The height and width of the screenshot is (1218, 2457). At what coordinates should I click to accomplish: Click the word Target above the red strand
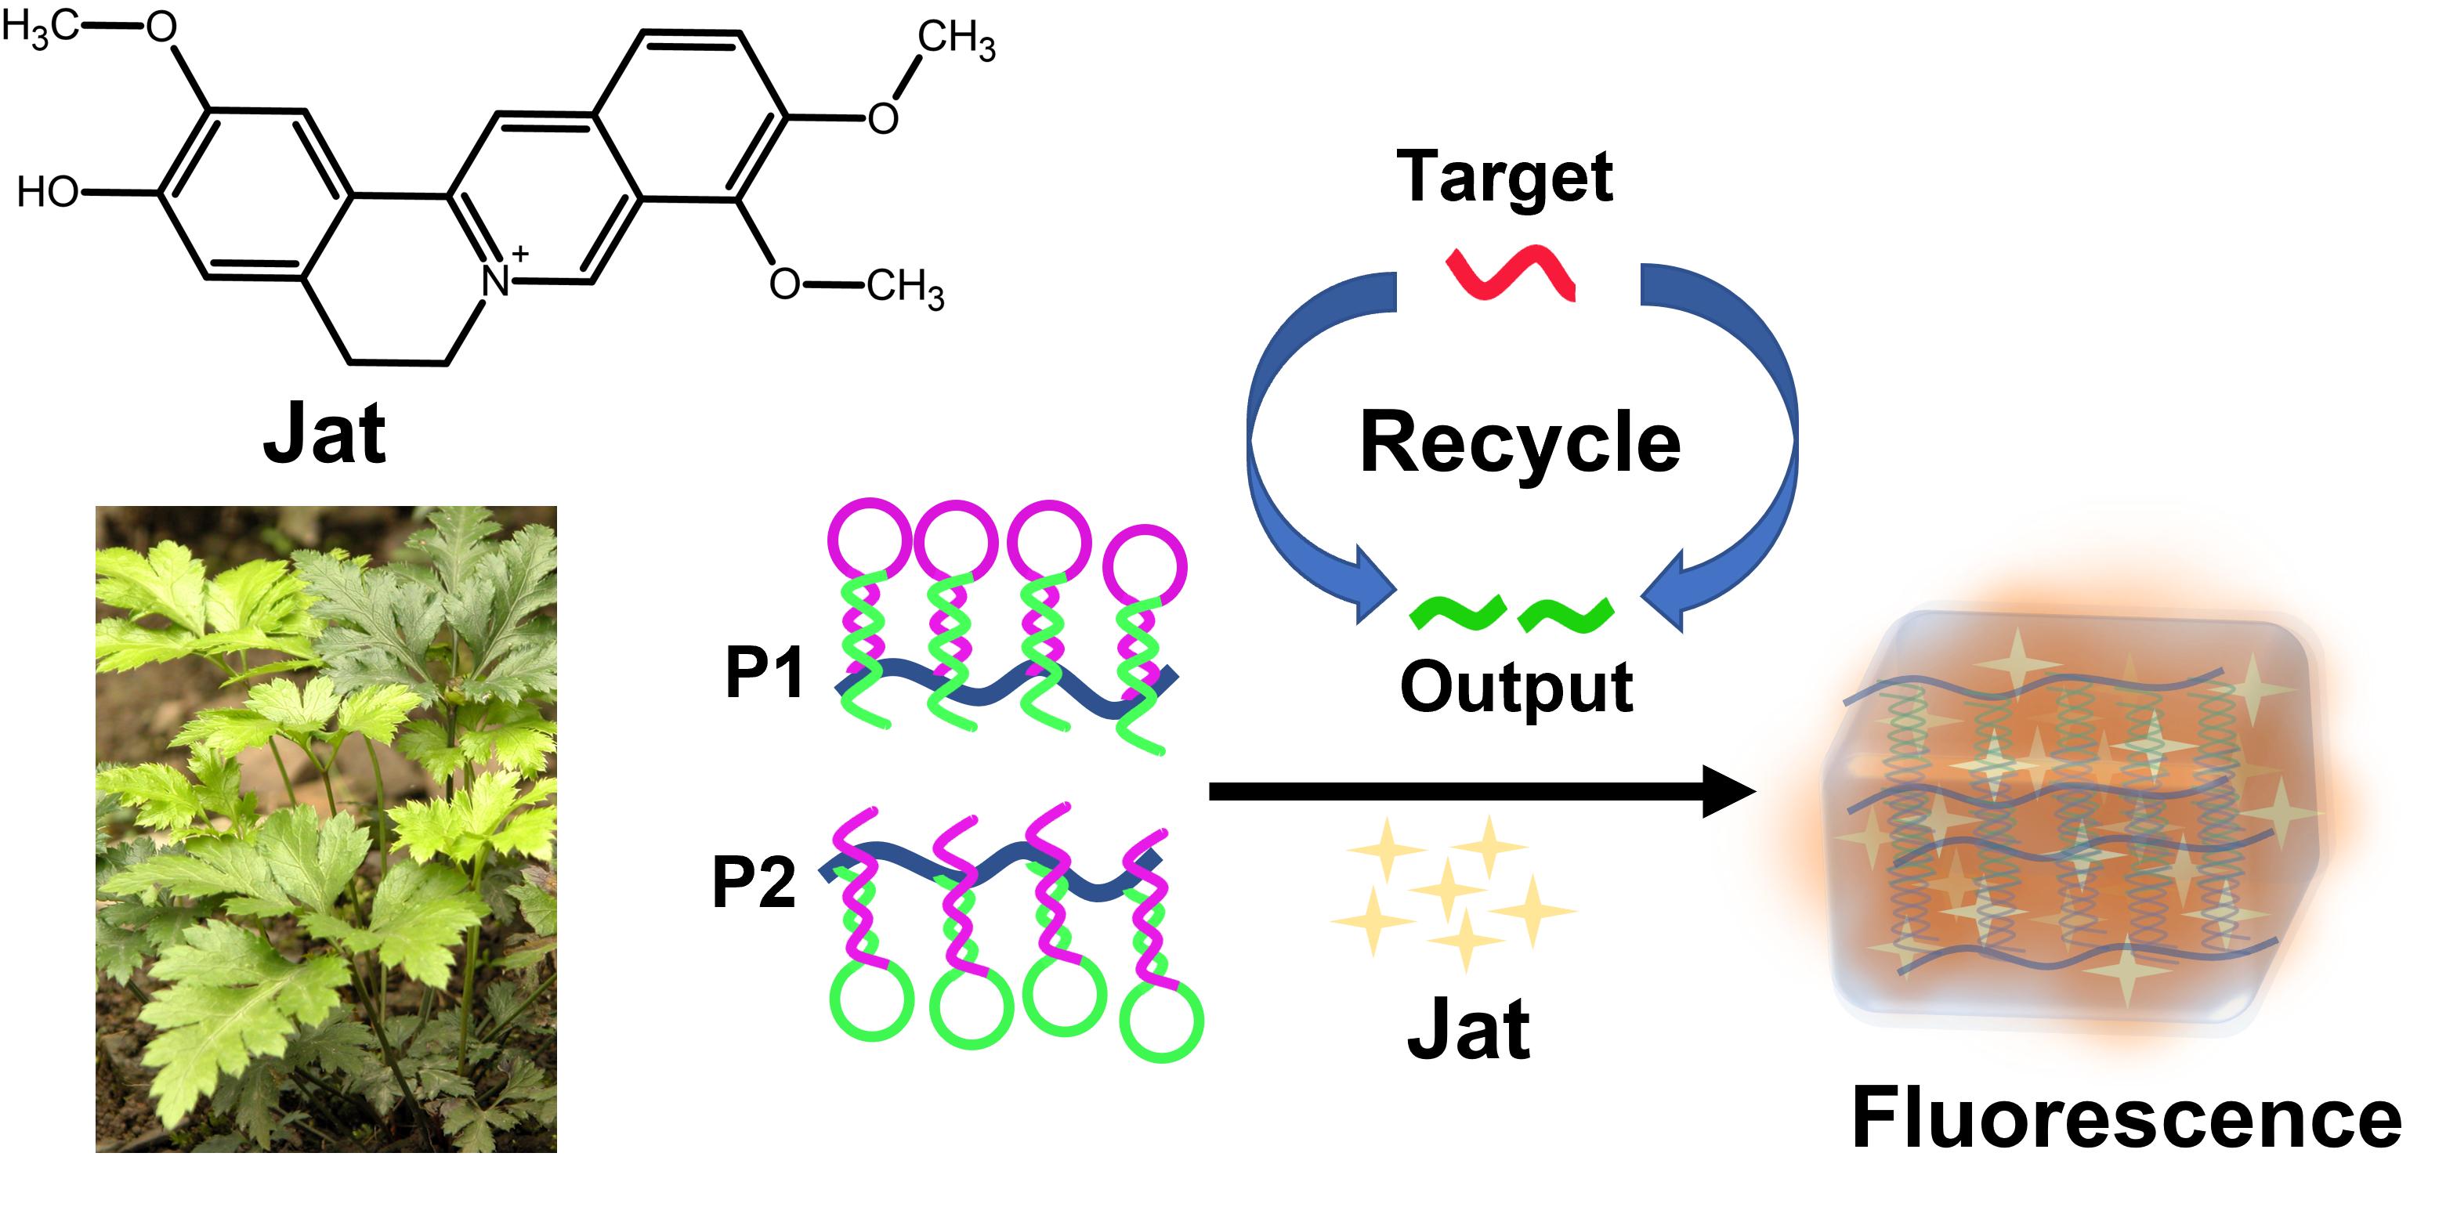1504,176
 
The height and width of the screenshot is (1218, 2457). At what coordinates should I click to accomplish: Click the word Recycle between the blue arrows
1519,442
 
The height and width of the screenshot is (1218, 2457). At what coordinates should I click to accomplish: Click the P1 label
764,672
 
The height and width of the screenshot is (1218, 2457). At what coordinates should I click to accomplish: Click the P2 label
754,882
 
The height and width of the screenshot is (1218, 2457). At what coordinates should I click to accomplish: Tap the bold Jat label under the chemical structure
324,434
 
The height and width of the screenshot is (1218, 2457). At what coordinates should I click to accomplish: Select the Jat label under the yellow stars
1468,1030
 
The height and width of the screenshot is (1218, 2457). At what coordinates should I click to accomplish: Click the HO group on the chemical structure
48,193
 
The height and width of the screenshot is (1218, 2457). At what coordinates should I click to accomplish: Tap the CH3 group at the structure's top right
956,40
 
